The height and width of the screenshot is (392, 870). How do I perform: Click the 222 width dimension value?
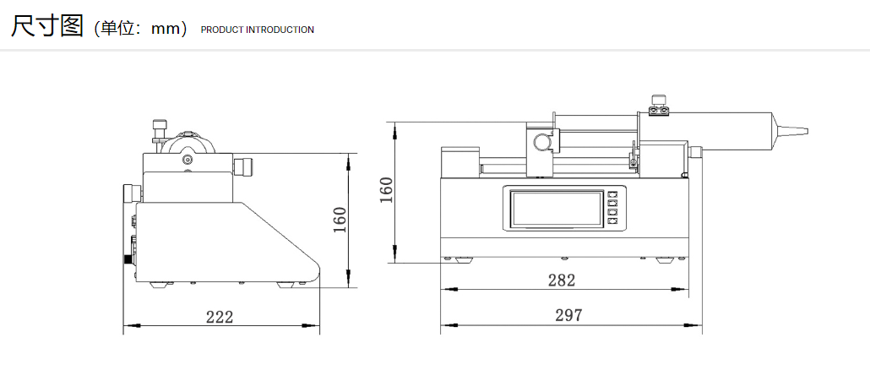[220, 317]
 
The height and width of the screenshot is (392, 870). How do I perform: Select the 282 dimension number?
[562, 280]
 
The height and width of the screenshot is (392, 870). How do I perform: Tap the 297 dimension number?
[568, 315]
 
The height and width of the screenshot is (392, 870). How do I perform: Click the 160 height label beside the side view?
[340, 220]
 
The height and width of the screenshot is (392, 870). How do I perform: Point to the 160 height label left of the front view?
[386, 190]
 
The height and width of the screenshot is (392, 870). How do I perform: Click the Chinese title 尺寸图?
[47, 25]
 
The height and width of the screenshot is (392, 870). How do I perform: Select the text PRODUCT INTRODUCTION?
[258, 30]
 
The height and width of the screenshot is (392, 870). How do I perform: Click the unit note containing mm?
[142, 29]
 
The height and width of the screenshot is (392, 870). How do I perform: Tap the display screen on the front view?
[557, 208]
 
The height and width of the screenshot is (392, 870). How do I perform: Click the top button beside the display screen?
[612, 195]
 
